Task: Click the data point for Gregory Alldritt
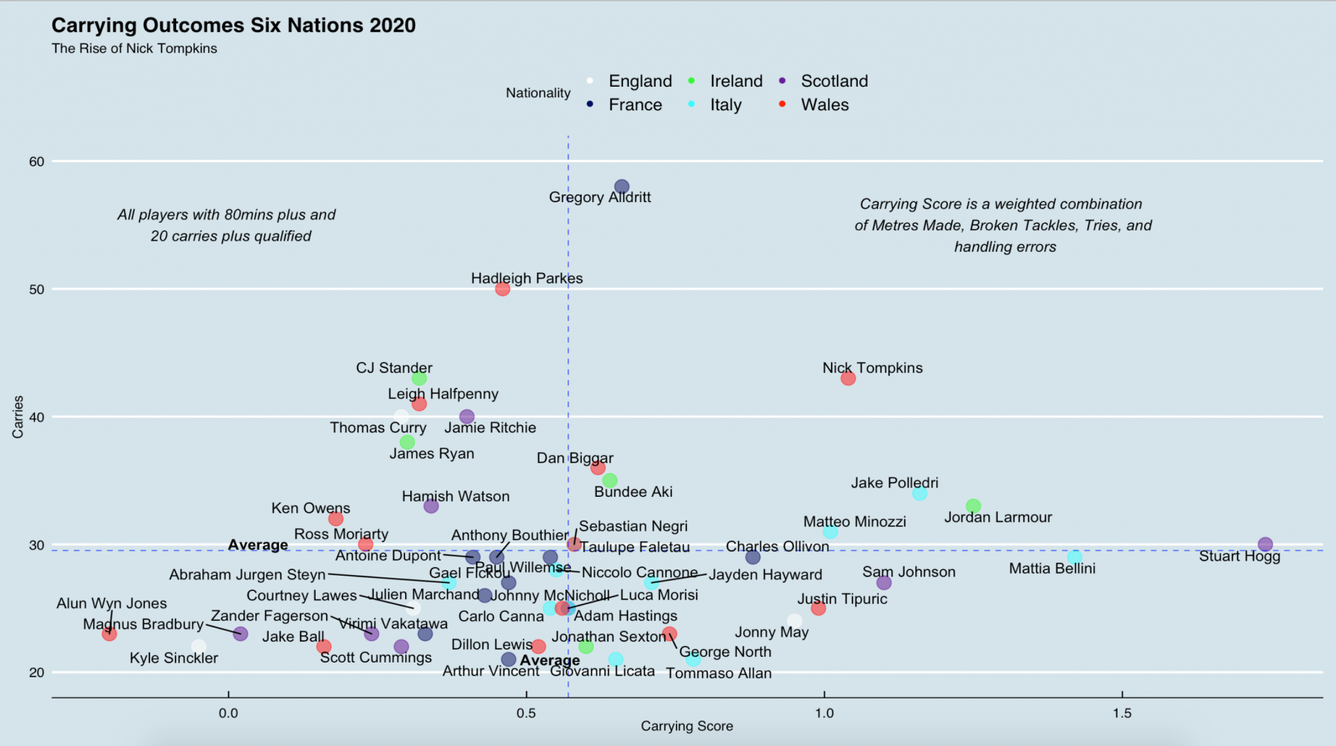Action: click(x=622, y=187)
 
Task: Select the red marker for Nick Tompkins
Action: click(x=847, y=378)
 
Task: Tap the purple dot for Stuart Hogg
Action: click(x=1265, y=545)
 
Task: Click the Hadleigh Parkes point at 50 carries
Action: click(x=502, y=289)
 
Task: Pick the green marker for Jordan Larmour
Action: click(x=973, y=506)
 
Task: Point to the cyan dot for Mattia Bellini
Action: click(x=1074, y=558)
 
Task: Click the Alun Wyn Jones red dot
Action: click(x=110, y=633)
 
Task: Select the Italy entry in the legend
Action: click(x=725, y=105)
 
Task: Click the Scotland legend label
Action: click(x=834, y=82)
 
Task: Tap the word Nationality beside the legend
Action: click(x=538, y=93)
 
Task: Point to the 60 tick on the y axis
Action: click(x=37, y=162)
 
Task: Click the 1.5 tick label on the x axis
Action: click(x=1122, y=713)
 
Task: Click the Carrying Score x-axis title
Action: click(x=686, y=726)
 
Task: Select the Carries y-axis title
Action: click(x=18, y=417)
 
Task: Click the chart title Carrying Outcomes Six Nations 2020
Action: click(x=233, y=25)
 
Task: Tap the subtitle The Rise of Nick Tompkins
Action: click(x=134, y=49)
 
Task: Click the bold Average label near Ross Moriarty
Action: click(x=258, y=545)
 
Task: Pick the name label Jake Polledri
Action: click(x=894, y=483)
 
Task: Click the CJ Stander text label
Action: click(x=394, y=368)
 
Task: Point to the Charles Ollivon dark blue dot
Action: click(x=753, y=557)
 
